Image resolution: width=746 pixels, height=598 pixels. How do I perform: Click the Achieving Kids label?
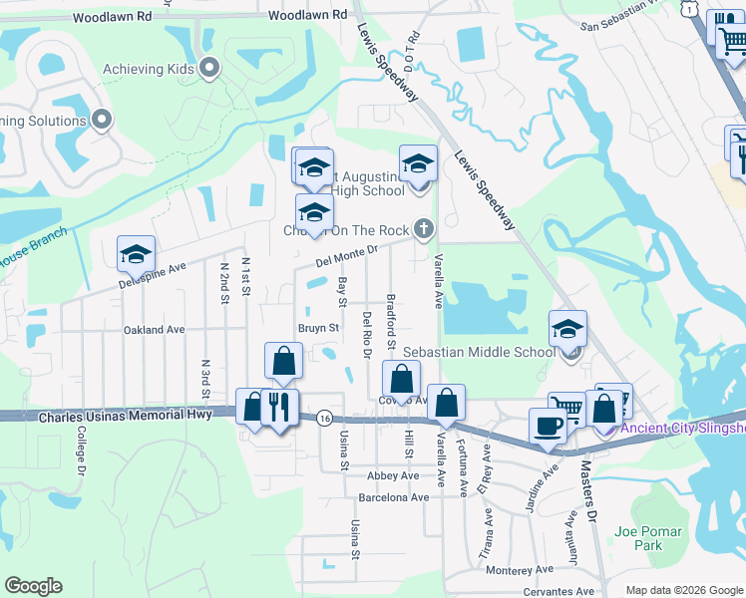coord(150,69)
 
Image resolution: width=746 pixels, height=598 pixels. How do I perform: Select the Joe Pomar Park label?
coord(638,538)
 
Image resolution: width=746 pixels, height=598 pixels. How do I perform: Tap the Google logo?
coord(33,586)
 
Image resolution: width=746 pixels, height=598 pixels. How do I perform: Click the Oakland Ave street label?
coord(154,329)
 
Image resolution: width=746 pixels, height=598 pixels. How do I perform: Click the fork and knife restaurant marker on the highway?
coord(279,406)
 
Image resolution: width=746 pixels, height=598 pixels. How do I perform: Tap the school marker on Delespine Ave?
coord(136,253)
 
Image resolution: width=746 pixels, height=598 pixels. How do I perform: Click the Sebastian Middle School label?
coord(479,352)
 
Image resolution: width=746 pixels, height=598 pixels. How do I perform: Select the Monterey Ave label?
coord(519,569)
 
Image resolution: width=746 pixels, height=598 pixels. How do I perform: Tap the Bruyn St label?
coord(319,327)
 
